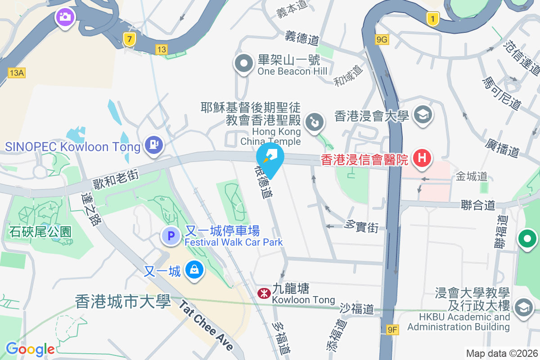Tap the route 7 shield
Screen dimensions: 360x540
tap(130, 40)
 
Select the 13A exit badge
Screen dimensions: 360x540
tap(16, 72)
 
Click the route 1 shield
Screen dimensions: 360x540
tap(432, 19)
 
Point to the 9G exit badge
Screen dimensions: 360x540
tap(382, 40)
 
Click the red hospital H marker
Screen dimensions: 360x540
tap(422, 158)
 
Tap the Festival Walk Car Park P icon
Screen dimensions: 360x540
tap(171, 235)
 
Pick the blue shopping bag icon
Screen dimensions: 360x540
tap(194, 270)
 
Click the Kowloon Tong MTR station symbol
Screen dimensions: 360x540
tap(263, 293)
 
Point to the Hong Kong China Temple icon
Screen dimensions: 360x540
tap(314, 122)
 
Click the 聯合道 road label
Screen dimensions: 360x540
tap(478, 205)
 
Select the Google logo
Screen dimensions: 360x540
tap(30, 349)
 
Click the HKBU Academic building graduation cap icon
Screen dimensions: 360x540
tap(524, 308)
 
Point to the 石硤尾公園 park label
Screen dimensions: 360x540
tap(40, 231)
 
